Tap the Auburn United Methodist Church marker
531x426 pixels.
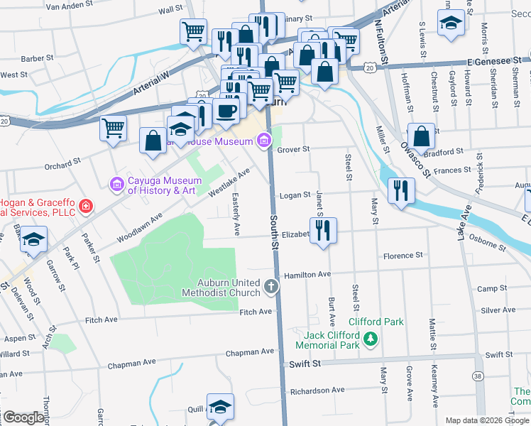click(270, 286)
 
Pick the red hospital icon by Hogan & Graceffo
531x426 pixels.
click(85, 207)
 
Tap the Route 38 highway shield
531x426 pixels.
click(478, 374)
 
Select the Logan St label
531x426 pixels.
click(295, 195)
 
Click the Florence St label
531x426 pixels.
click(403, 255)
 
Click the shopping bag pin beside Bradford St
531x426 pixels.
click(421, 136)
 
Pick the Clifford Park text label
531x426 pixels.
click(376, 322)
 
